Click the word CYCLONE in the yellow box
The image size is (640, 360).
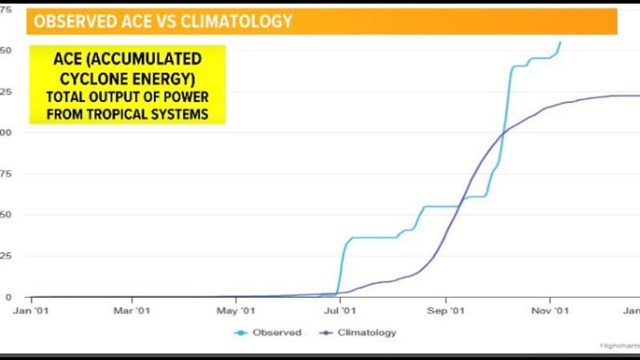[x=93, y=79]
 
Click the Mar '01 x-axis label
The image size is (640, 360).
[x=132, y=311]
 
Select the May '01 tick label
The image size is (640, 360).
[x=235, y=311]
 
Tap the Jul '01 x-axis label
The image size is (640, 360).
[x=339, y=311]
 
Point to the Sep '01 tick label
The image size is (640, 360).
[x=446, y=311]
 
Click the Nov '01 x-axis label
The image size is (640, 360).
[x=550, y=311]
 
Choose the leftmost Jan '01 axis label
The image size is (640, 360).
[x=31, y=311]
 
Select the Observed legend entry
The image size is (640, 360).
[x=276, y=332]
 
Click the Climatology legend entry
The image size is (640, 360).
[x=367, y=332]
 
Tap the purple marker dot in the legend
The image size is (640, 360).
[x=326, y=333]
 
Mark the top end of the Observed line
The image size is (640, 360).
[x=560, y=42]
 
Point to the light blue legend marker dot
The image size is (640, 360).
[x=241, y=333]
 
